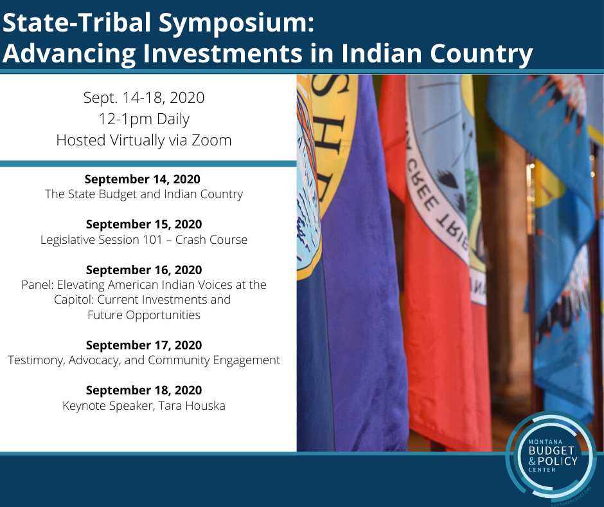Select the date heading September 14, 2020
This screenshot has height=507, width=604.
(x=143, y=179)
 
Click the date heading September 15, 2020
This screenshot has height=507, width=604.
(x=144, y=224)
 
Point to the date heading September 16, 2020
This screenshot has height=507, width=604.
(x=144, y=270)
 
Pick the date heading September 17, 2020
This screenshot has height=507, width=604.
(x=144, y=345)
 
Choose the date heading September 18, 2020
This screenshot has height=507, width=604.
(x=144, y=390)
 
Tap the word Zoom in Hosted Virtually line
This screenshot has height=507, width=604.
(x=211, y=140)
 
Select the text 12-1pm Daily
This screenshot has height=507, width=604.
(x=144, y=119)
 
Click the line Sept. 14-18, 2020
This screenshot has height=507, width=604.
(x=144, y=98)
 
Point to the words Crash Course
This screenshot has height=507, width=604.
(x=211, y=239)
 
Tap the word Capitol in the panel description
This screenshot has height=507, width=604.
(x=74, y=300)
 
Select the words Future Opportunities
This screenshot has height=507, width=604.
(x=144, y=315)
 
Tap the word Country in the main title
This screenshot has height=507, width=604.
(x=481, y=53)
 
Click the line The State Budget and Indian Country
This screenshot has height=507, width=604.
(x=144, y=194)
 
